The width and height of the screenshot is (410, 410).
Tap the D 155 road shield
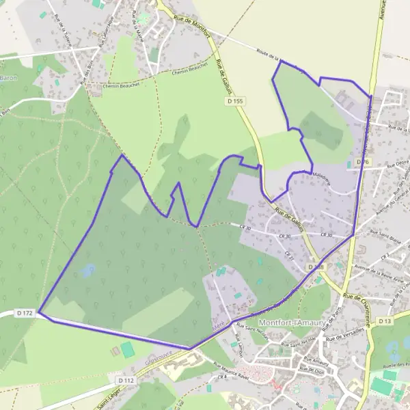tap(234, 101)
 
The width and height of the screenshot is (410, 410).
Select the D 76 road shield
tap(363, 162)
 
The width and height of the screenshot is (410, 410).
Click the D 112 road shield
tap(125, 379)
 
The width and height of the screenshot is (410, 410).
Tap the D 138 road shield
tap(314, 266)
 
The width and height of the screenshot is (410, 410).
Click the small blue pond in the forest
tap(87, 271)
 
